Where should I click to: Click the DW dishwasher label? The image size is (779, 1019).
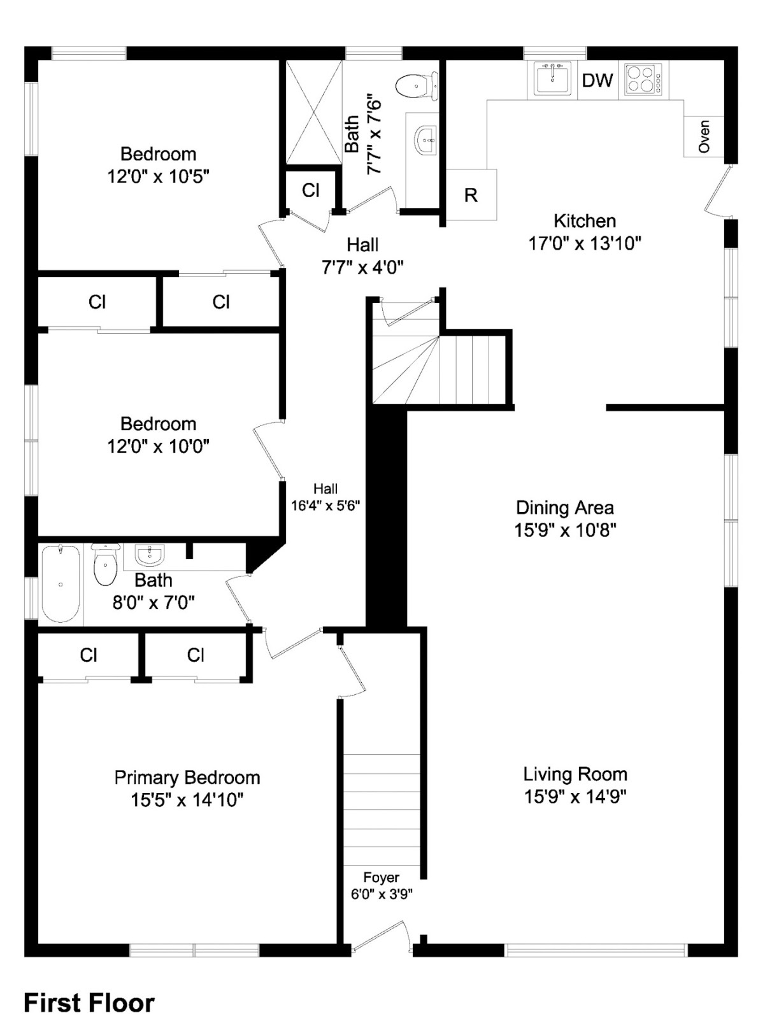click(597, 81)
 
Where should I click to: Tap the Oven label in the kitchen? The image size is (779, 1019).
click(703, 136)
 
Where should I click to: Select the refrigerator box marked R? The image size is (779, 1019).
click(471, 195)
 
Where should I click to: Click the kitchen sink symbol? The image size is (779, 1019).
click(552, 80)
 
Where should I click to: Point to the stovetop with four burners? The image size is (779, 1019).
click(643, 80)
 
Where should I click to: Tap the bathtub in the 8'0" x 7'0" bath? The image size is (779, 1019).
click(61, 583)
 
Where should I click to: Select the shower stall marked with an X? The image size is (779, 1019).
click(313, 112)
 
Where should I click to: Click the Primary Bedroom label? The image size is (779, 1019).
click(187, 778)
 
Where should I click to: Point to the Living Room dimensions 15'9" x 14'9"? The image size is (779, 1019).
click(575, 797)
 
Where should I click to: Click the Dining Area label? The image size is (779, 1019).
click(564, 508)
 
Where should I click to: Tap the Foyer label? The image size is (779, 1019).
click(381, 878)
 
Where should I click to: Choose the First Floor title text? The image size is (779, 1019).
click(89, 1003)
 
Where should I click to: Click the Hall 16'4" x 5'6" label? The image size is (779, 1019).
click(325, 497)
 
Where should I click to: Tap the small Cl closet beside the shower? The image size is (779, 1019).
click(311, 190)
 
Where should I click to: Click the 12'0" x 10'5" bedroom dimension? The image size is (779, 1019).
click(158, 176)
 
